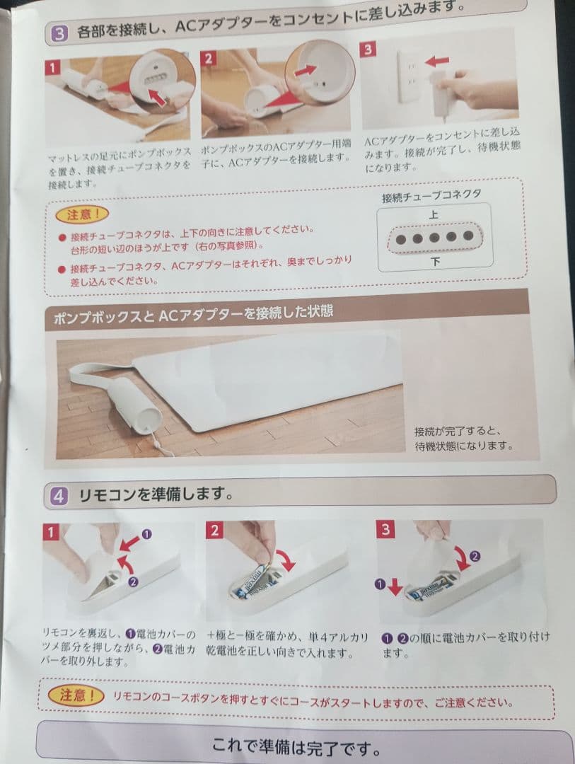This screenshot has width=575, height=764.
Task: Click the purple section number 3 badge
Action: pyautogui.click(x=59, y=32)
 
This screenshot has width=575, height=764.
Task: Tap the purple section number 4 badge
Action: pyautogui.click(x=58, y=496)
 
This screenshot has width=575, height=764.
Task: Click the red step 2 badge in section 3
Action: pyautogui.click(x=208, y=58)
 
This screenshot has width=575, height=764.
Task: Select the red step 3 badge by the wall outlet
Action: pyautogui.click(x=368, y=49)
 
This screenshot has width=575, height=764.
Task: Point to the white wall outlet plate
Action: pyautogui.click(x=410, y=76)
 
